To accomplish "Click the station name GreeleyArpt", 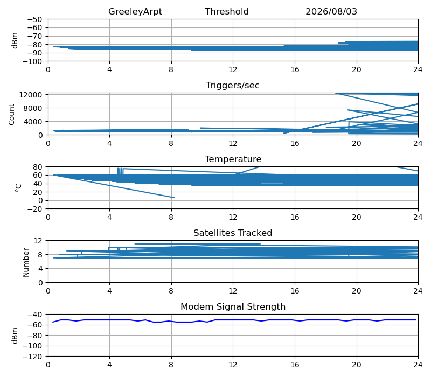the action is [x=135, y=11].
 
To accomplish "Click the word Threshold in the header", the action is [x=226, y=11].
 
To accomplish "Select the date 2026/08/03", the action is [x=331, y=11].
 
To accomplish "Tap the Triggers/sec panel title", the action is [x=233, y=86].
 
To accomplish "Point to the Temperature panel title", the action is [x=233, y=159].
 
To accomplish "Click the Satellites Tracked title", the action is [x=233, y=233].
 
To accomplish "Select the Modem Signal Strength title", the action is [x=233, y=306].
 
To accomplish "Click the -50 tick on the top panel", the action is [x=34, y=19].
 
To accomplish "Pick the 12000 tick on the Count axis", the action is [x=31, y=95].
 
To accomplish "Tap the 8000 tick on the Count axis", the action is [x=33, y=108].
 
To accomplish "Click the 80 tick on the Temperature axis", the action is [x=38, y=167].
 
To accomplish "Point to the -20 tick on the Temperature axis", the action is [x=34, y=209].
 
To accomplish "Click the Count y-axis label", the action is [x=11, y=114].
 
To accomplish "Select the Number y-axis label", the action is [x=26, y=262].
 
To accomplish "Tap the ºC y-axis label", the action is [x=18, y=188].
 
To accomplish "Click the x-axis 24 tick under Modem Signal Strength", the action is [x=418, y=365].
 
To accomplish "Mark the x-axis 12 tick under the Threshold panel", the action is [x=233, y=69].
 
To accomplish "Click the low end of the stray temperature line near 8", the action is [x=174, y=198].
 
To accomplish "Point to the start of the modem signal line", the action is [x=53, y=322].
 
